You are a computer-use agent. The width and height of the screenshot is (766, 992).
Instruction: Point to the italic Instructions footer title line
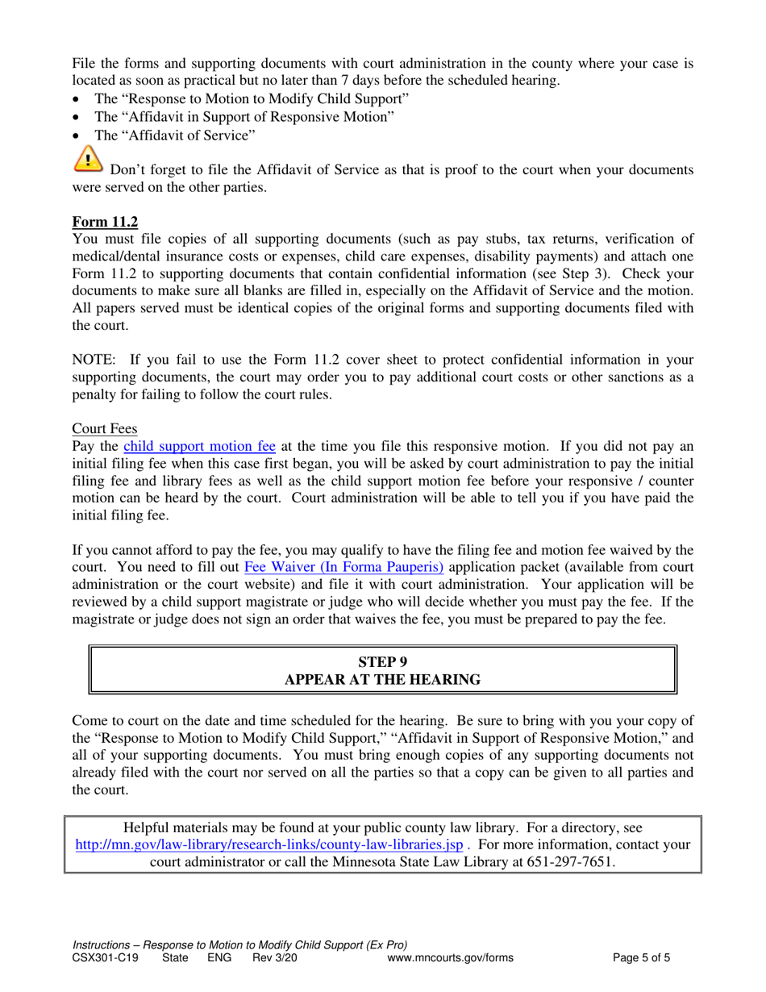[239, 945]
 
